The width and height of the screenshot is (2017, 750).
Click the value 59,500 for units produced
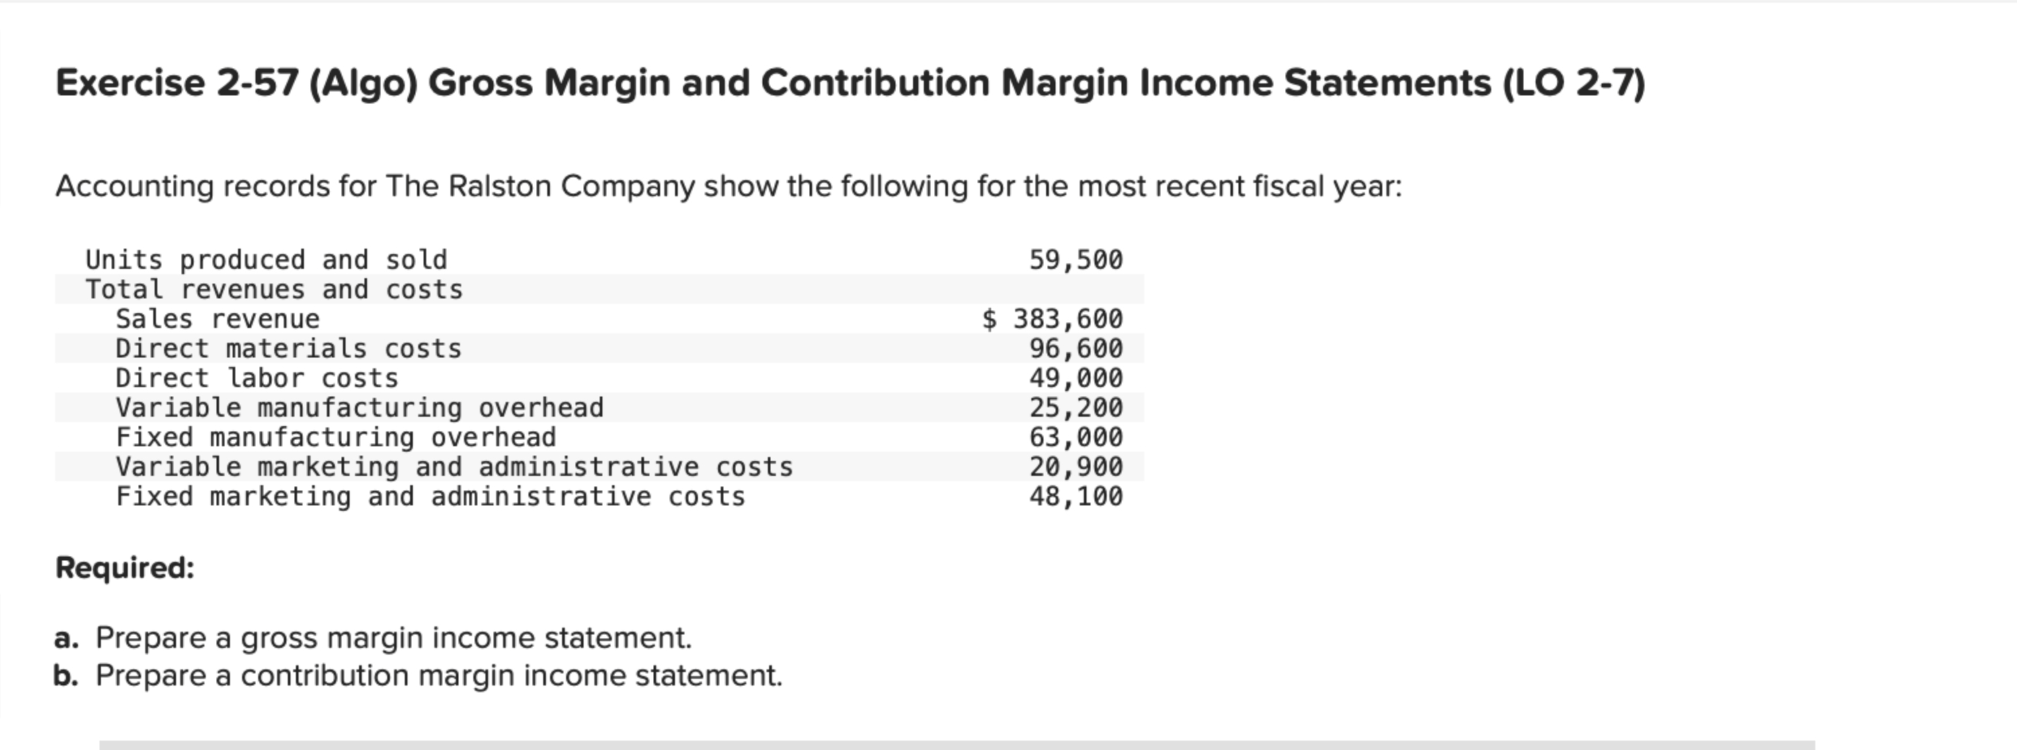[x=1075, y=260]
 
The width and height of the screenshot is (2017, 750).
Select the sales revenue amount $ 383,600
[x=1053, y=319]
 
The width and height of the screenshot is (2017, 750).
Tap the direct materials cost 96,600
[x=1075, y=348]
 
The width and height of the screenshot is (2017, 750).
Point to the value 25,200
[x=1075, y=408]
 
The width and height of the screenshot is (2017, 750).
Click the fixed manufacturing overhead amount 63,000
[x=1075, y=437]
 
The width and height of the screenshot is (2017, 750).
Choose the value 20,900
[x=1075, y=466]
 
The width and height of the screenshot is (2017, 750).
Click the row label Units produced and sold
[x=266, y=260]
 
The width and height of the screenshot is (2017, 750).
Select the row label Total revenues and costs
[x=274, y=290]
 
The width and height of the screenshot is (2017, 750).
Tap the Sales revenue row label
[x=218, y=319]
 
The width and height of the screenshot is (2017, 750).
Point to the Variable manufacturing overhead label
[x=360, y=408]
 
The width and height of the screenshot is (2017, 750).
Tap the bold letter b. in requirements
[x=67, y=675]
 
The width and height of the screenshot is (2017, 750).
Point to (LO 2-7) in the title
[x=1574, y=83]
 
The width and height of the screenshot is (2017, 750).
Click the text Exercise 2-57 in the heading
[x=177, y=83]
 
